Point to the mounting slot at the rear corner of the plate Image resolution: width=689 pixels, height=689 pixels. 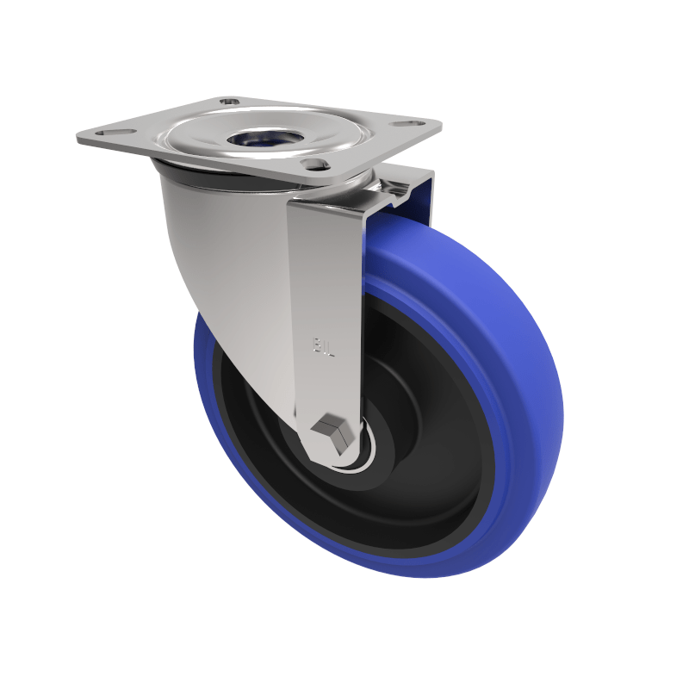coord(229,102)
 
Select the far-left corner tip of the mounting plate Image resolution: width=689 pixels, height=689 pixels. coord(78,138)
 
